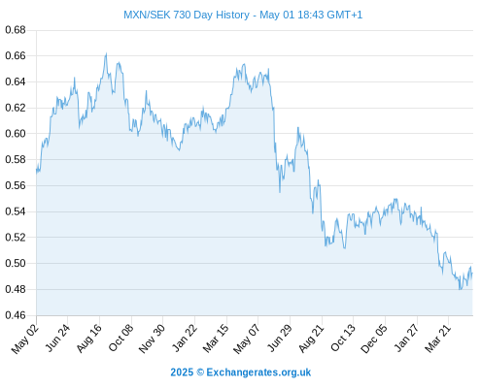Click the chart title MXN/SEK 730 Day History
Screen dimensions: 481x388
[187, 15]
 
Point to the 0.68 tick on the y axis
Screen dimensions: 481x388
[16, 30]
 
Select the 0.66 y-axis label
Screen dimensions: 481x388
[16, 56]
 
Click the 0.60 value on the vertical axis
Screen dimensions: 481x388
[16, 134]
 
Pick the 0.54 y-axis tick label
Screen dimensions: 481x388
[16, 211]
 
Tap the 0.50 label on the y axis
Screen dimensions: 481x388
[16, 263]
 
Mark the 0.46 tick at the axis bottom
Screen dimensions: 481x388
[16, 315]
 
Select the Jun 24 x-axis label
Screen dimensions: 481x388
[57, 338]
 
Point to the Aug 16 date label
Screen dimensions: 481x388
[89, 339]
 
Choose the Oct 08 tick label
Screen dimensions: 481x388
[120, 339]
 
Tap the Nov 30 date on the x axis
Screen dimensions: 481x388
[152, 339]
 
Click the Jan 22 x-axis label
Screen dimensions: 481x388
[185, 339]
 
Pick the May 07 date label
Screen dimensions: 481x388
[247, 339]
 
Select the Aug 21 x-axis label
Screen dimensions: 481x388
[311, 339]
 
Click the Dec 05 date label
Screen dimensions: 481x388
[374, 339]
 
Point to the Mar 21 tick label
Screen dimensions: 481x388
[438, 339]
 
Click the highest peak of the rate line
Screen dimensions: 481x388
[106, 53]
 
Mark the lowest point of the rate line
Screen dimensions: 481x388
[460, 289]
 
